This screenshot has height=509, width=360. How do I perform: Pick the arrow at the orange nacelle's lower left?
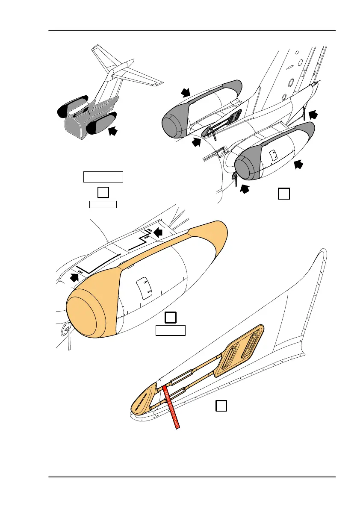pyautogui.click(x=74, y=278)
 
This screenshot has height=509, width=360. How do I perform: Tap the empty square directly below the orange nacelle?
pyautogui.click(x=171, y=318)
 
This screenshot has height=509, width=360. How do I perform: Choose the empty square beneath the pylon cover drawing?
pyautogui.click(x=221, y=406)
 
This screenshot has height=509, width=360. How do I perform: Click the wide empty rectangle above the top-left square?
pyautogui.click(x=103, y=177)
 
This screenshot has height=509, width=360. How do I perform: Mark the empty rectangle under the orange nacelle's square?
pyautogui.click(x=170, y=330)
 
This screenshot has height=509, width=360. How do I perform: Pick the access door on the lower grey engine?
pyautogui.click(x=272, y=153)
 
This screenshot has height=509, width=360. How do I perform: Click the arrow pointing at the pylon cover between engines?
pyautogui.click(x=196, y=142)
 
